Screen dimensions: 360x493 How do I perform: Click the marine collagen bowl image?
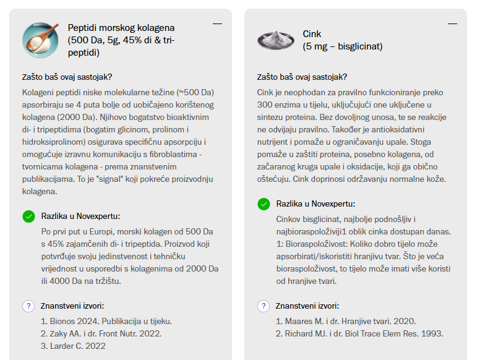pos(40,40)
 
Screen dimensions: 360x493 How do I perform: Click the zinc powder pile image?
pos(276,40)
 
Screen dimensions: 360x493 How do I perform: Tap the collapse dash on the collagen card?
pos(217,24)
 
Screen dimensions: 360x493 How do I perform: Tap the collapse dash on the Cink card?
pos(452,24)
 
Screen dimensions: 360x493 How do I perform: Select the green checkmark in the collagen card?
pos(28,216)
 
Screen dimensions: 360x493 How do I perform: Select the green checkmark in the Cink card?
pos(264,204)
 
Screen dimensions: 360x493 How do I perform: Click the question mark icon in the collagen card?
pos(28,306)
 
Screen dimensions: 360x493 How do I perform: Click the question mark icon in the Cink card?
pos(264,306)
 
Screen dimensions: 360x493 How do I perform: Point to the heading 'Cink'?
pos(312,34)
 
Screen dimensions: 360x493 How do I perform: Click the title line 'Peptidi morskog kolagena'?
pos(121,28)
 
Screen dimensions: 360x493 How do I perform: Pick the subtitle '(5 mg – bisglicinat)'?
pos(343,46)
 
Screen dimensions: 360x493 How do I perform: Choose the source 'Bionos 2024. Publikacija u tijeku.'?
pos(106,321)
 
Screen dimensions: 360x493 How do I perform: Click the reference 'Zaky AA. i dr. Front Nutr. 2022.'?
pos(101,333)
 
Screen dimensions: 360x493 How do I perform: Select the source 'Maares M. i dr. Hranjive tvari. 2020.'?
pos(346,321)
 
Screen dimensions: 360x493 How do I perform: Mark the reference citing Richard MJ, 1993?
pos(359,333)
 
